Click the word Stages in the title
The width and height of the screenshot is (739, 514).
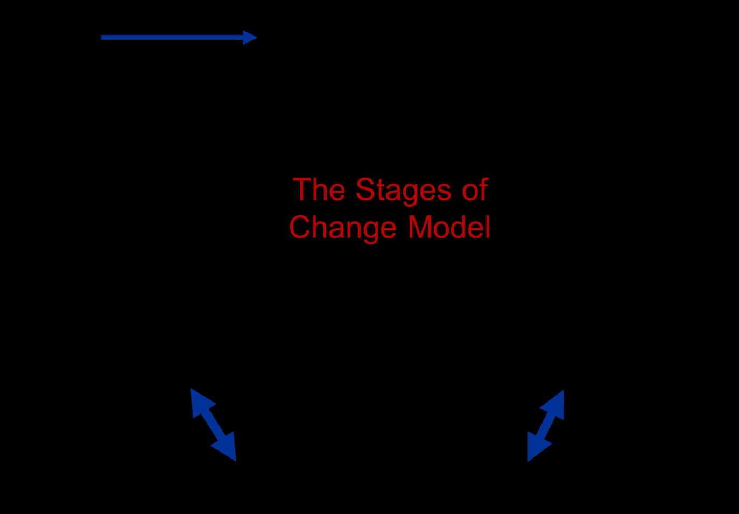[403, 191]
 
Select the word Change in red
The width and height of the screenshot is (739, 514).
[342, 228]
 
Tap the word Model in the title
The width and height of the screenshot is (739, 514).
[449, 227]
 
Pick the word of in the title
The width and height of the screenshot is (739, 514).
[475, 190]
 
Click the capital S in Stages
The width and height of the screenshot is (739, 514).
[366, 190]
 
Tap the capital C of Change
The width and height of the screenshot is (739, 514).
[301, 227]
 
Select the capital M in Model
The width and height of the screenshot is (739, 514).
[421, 227]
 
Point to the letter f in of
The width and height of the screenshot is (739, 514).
[483, 189]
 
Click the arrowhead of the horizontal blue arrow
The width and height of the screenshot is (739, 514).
[249, 37]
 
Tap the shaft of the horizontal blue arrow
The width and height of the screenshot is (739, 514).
[172, 37]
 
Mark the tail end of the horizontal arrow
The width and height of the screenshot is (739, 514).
[103, 37]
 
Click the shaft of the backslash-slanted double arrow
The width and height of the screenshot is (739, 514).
[213, 424]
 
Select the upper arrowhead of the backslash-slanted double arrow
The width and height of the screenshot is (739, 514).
[199, 399]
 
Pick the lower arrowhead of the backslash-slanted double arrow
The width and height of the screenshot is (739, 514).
[228, 449]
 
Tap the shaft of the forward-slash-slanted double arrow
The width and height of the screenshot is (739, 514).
[546, 425]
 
